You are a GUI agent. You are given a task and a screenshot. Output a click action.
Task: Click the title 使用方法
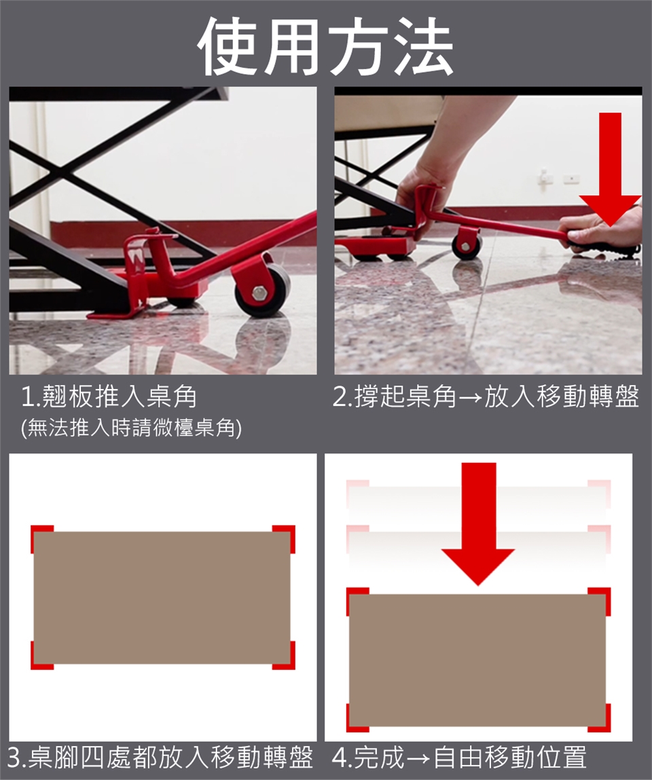point(325,45)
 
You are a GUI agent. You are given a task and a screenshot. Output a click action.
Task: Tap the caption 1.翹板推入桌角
point(109,396)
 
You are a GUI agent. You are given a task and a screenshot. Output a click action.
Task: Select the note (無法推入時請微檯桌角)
point(131,427)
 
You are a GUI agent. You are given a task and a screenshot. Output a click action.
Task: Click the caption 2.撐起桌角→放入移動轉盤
point(486,396)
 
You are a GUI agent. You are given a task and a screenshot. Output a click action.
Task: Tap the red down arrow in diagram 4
point(478,524)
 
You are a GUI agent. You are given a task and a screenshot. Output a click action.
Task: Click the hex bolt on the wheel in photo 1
point(260,293)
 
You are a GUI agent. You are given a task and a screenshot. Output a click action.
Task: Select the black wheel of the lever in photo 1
point(262,291)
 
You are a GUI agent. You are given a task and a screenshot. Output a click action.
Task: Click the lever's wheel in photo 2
point(467,245)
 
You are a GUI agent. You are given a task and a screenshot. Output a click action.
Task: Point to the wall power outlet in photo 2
point(571,178)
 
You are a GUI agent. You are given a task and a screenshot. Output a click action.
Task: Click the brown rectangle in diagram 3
point(162,597)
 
